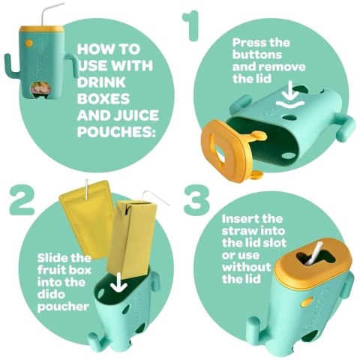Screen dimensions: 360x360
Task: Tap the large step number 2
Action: [x=22, y=200]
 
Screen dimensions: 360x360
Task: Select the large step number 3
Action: [x=196, y=200]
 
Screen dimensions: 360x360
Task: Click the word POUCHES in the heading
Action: [x=116, y=131]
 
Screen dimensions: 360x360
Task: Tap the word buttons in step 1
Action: [x=257, y=55]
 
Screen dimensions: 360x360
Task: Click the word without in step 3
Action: [x=247, y=267]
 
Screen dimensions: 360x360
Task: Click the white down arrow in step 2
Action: [x=118, y=283]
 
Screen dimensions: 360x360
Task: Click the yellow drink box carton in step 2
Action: [x=131, y=238]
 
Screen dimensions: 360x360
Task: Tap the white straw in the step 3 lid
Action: [x=313, y=253]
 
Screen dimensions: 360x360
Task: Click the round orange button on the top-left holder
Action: [x=29, y=43]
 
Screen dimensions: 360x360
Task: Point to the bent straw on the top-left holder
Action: [x=49, y=14]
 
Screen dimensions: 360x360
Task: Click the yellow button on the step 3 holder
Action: [x=307, y=302]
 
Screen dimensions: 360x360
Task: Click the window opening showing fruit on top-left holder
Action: [x=40, y=88]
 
